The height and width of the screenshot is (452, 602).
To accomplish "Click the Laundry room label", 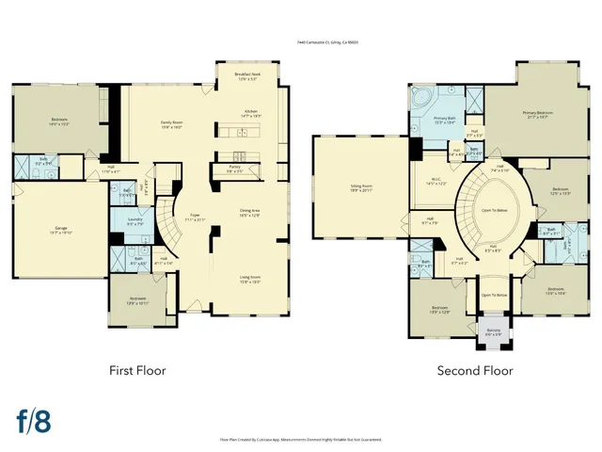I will [x=135, y=222].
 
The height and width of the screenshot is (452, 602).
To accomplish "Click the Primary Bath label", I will [x=444, y=120].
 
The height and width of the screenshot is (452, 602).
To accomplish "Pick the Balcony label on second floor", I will [x=493, y=331].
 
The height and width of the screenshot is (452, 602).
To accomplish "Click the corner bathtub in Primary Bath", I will [x=420, y=98].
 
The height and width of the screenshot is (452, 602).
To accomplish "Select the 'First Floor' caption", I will [x=137, y=370].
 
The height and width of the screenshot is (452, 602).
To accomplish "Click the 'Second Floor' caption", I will [x=475, y=370].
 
